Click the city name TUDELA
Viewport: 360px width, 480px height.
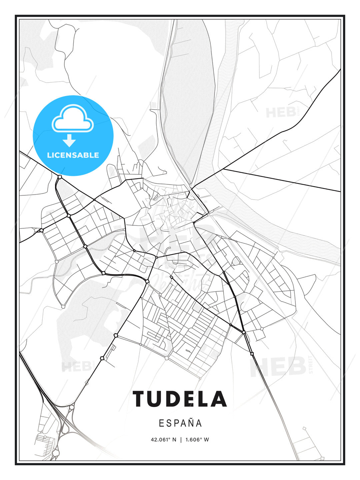tap(180, 399)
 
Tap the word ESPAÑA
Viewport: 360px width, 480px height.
tap(180, 423)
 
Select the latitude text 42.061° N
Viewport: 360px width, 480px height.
tap(163, 440)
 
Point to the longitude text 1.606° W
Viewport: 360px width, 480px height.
tap(197, 440)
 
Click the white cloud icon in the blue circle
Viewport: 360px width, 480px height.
tap(73, 119)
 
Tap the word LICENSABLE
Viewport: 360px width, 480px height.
tap(73, 155)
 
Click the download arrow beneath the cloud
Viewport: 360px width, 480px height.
tap(69, 140)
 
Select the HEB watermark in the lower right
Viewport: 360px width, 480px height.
tap(279, 367)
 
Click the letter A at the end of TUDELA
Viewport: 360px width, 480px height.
tap(219, 399)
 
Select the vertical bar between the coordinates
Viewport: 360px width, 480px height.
tap(181, 440)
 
